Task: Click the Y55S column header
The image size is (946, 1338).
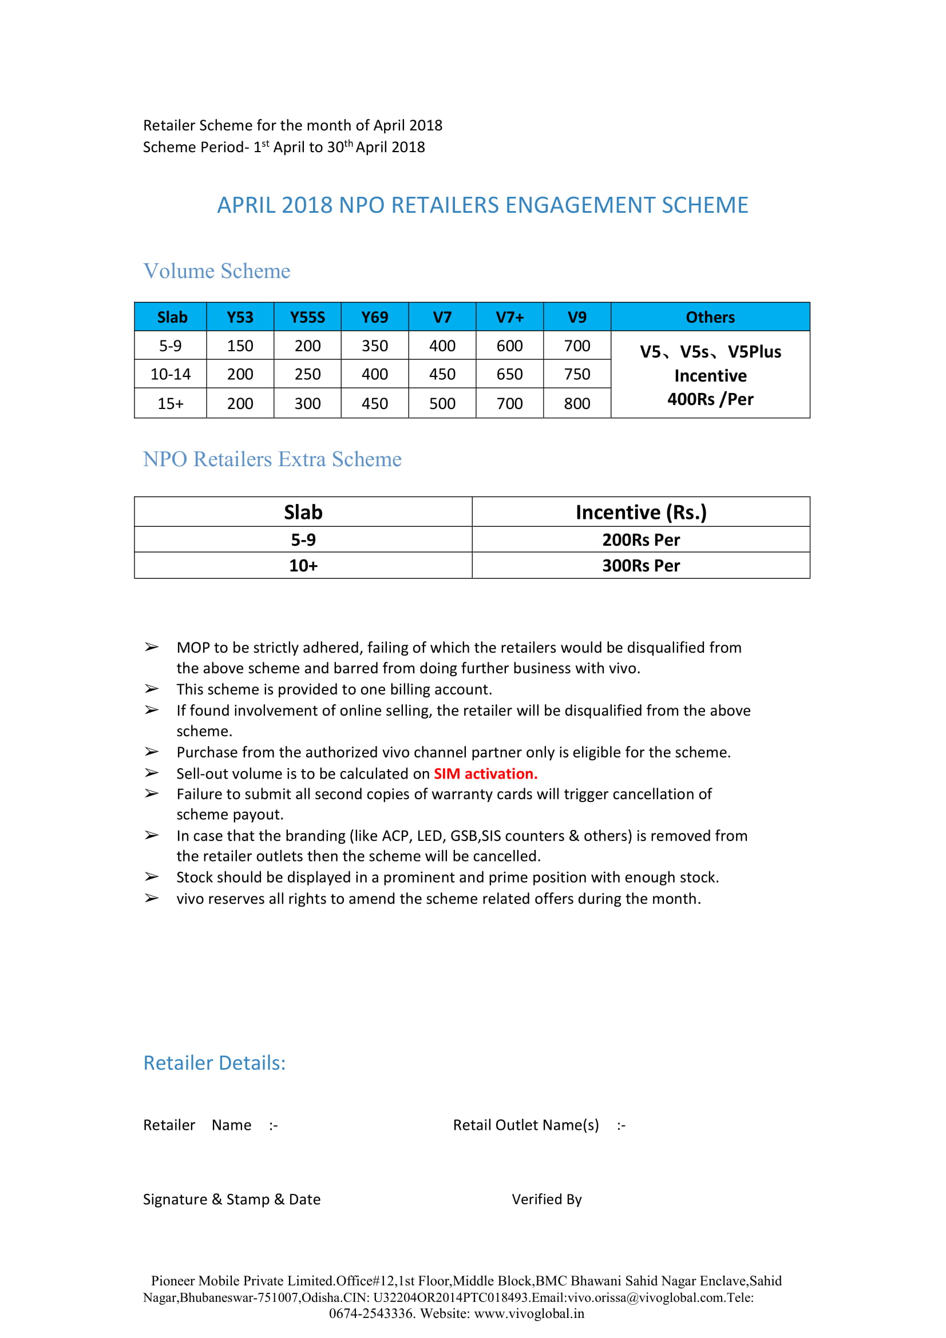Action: pos(307,317)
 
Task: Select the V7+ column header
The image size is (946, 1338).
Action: pos(509,317)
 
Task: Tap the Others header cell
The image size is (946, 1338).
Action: pos(710,317)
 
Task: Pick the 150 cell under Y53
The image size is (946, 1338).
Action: pos(240,346)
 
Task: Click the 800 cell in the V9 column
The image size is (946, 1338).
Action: pos(576,403)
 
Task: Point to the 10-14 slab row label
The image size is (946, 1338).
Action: pos(170,374)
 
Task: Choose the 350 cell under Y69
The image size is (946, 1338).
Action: pos(374,346)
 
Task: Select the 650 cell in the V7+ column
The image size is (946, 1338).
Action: pos(509,374)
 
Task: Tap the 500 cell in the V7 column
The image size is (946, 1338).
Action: pos(442,403)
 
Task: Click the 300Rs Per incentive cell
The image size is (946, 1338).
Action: pos(640,565)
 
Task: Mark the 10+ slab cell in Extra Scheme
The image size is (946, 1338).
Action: pos(303,565)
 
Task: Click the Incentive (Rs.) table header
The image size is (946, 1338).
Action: pos(640,511)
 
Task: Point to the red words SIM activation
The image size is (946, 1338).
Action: pos(485,773)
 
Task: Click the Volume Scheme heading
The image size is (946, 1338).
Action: pos(217,271)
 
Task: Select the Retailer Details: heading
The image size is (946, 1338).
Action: pos(215,1063)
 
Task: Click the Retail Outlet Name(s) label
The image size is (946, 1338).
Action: pos(526,1125)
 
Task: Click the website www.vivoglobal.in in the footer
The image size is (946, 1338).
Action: pos(529,1313)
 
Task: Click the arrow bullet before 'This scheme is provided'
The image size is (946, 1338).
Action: pos(152,689)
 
